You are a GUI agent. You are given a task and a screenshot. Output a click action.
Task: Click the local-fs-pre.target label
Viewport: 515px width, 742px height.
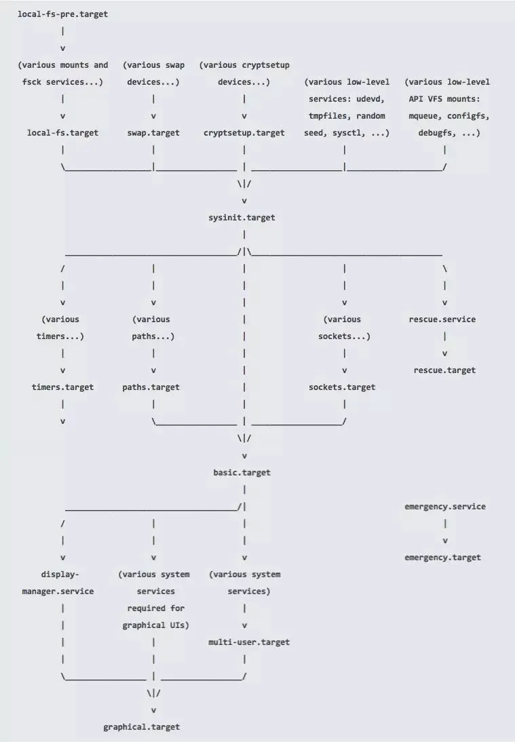[62, 14]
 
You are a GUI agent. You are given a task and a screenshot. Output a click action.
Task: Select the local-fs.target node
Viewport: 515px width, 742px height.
[62, 133]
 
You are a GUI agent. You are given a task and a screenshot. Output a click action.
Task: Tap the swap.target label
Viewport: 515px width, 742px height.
[153, 133]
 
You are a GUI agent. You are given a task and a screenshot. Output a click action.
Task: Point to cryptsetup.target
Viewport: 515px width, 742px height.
[244, 133]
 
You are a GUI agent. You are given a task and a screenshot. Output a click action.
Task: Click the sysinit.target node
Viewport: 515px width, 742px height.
[244, 218]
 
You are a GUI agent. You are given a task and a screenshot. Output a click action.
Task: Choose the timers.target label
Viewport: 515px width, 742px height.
[62, 387]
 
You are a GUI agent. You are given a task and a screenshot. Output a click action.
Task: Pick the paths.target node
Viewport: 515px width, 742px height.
[151, 387]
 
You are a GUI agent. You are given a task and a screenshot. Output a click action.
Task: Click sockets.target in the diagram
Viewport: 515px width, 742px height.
[342, 387]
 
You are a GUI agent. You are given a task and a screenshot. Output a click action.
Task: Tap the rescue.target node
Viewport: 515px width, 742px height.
[444, 370]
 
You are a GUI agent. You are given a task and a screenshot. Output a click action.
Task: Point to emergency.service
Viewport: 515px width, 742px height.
[444, 507]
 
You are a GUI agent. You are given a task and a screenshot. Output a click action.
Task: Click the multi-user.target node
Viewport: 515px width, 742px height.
[249, 642]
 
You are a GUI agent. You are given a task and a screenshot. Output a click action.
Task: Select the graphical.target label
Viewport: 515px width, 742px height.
[142, 727]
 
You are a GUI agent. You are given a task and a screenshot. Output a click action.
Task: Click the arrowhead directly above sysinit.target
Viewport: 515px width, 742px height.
[244, 201]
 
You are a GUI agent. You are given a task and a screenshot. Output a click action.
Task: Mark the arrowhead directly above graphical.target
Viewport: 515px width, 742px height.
[153, 710]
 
